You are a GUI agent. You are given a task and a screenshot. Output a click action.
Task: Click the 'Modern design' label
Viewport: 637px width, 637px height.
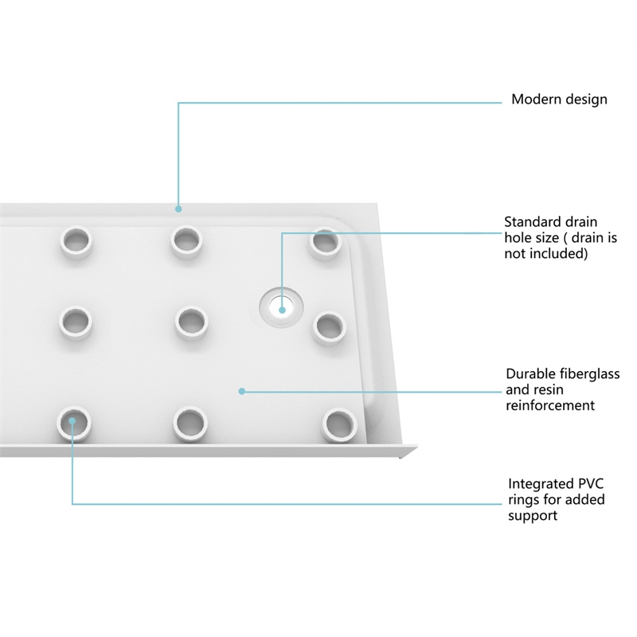(x=559, y=100)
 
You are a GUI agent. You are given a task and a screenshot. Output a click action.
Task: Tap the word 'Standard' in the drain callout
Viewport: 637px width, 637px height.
(x=530, y=222)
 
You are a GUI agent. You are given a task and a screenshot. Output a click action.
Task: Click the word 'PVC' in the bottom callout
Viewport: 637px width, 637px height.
(x=590, y=484)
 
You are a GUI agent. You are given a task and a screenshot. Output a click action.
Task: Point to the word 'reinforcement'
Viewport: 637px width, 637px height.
(x=550, y=405)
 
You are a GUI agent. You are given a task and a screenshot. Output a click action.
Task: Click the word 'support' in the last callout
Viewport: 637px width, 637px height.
(x=532, y=516)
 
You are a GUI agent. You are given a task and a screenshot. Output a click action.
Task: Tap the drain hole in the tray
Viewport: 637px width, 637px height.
(x=282, y=307)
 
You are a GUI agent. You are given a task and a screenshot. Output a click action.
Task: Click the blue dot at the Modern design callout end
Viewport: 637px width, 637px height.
(x=178, y=209)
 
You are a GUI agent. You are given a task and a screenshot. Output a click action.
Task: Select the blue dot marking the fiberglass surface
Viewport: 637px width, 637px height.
(x=242, y=391)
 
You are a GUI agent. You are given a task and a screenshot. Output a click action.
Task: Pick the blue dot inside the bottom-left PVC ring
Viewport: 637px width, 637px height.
(x=72, y=421)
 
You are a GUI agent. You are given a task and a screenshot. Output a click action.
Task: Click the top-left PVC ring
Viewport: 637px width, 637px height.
(x=76, y=242)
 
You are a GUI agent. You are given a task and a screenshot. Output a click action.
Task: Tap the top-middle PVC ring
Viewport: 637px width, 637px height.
(x=186, y=241)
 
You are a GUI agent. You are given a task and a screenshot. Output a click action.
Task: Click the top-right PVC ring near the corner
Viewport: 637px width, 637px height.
(x=325, y=244)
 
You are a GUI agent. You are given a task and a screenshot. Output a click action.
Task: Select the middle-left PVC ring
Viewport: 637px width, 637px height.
(x=75, y=323)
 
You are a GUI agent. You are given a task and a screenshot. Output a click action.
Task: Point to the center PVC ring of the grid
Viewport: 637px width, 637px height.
(x=191, y=323)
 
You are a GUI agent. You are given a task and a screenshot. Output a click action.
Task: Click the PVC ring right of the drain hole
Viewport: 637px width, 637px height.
(x=329, y=328)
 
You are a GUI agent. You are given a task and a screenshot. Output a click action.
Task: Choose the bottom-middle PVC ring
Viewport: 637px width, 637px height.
(x=190, y=424)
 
